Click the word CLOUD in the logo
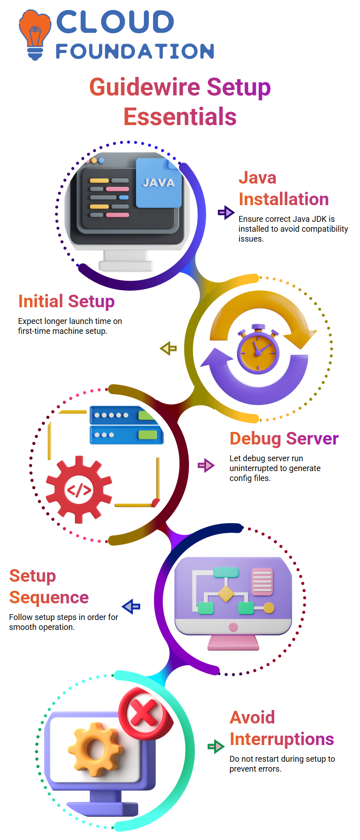[115, 22]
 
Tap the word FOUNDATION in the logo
[135, 51]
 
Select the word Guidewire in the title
[144, 87]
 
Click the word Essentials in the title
[180, 117]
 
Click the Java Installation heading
[283, 189]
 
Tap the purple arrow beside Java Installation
[225, 212]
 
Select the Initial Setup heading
[67, 301]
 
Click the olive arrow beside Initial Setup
[169, 348]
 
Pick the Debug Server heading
[284, 439]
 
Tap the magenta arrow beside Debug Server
[206, 465]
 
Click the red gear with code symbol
[79, 490]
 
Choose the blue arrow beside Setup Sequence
[131, 606]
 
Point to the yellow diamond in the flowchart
[226, 593]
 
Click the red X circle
[144, 712]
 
